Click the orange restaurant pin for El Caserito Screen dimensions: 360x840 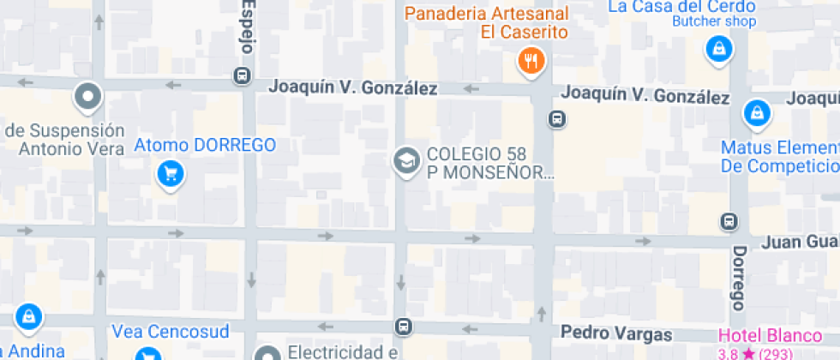pyautogui.click(x=531, y=61)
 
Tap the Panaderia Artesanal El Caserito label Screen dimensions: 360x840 pyautogui.click(x=487, y=23)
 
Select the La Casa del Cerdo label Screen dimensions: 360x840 pyautogui.click(x=681, y=7)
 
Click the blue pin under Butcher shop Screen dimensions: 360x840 pyautogui.click(x=718, y=49)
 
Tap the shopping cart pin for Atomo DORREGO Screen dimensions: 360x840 pyautogui.click(x=171, y=174)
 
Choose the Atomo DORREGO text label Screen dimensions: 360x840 pyautogui.click(x=205, y=145)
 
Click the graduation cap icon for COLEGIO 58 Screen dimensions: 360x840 pyautogui.click(x=405, y=159)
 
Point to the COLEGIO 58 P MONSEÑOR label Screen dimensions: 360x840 pyautogui.click(x=489, y=163)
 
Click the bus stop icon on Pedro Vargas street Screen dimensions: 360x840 pyautogui.click(x=402, y=327)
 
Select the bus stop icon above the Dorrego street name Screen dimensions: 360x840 pyautogui.click(x=729, y=221)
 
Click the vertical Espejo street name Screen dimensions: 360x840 pyautogui.click(x=247, y=27)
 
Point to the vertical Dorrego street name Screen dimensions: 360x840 pyautogui.click(x=738, y=279)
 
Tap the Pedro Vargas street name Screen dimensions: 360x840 pyautogui.click(x=616, y=332)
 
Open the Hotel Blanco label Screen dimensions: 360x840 pyautogui.click(x=758, y=335)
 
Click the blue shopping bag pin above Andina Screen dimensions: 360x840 pyautogui.click(x=29, y=315)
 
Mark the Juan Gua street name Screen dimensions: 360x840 pyautogui.click(x=801, y=243)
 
